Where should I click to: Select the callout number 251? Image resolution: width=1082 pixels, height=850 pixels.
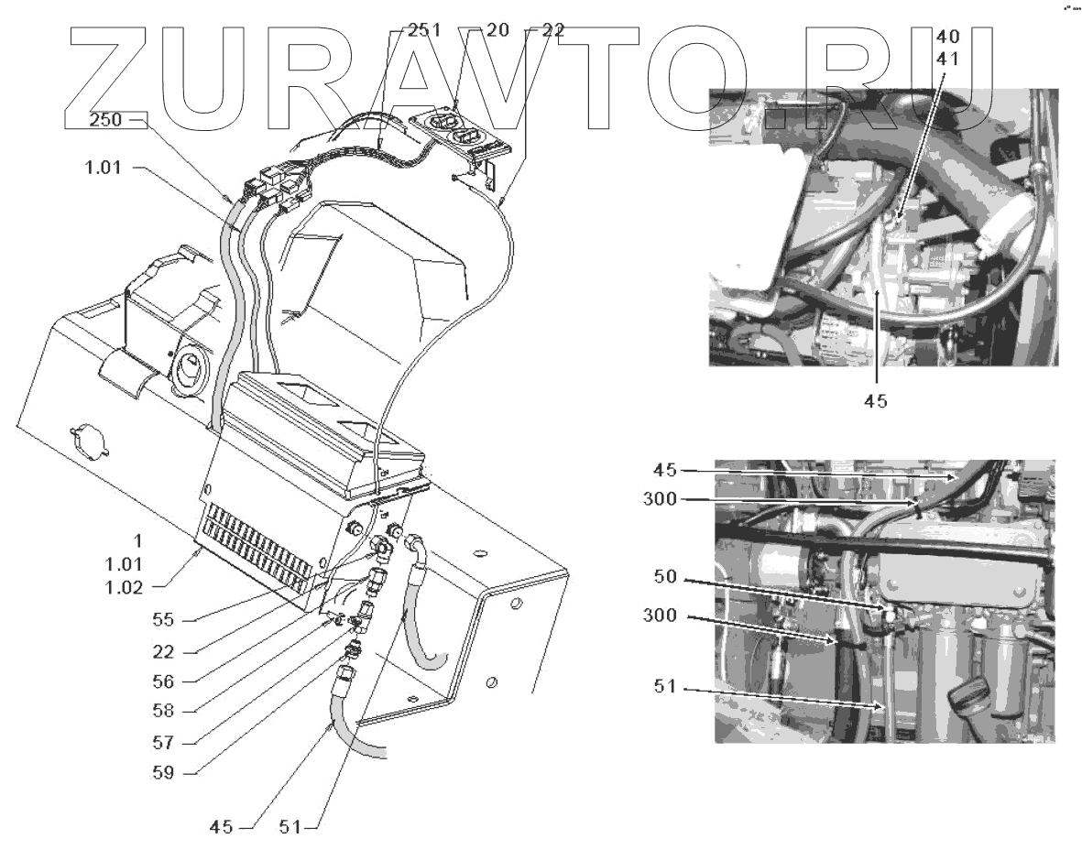[x=424, y=30]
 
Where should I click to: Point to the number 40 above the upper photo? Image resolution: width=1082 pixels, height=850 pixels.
[x=949, y=38]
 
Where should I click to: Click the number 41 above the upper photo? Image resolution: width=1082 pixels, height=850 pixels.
[x=949, y=57]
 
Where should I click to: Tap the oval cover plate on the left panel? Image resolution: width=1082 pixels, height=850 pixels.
[x=88, y=440]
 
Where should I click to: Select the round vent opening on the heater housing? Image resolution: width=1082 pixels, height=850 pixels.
[x=188, y=365]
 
